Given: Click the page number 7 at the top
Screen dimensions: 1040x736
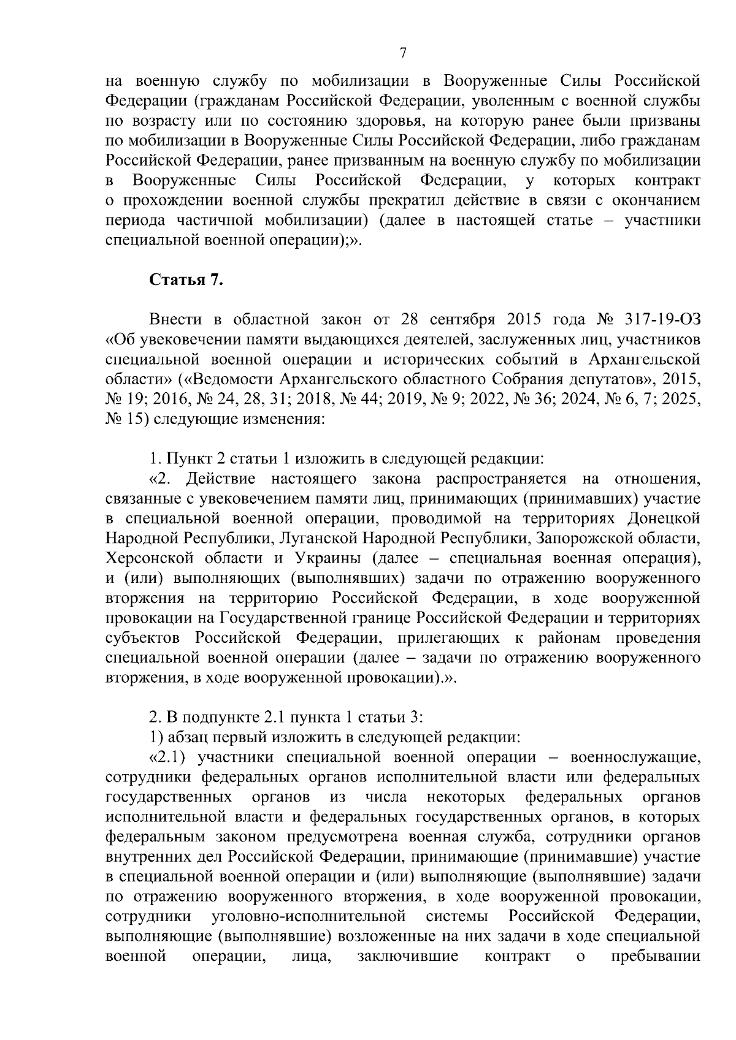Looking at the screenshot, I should [x=403, y=53].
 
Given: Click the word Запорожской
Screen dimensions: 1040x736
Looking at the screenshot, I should [x=580, y=539].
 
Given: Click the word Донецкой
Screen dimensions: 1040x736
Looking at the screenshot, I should [x=664, y=518].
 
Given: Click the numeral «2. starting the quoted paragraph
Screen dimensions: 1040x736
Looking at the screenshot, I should [x=159, y=479].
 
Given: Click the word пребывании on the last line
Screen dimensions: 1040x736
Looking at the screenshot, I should [x=656, y=957].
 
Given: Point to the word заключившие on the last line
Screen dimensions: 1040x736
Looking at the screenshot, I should [x=408, y=957].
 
